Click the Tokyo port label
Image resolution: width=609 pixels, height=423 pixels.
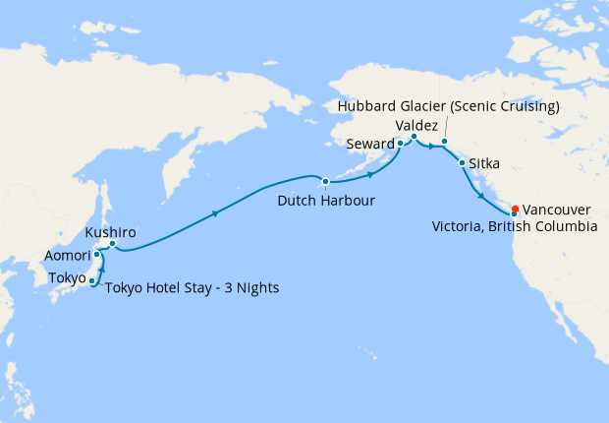pyautogui.click(x=67, y=277)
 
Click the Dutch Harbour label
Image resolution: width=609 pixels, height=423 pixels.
pyautogui.click(x=326, y=201)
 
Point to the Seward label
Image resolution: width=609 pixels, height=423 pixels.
pyautogui.click(x=369, y=144)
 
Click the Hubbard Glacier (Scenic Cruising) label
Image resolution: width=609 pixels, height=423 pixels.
pyautogui.click(x=448, y=106)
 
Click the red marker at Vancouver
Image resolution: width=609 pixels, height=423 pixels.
pyautogui.click(x=516, y=209)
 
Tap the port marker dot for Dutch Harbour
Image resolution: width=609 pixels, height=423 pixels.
pyautogui.click(x=325, y=181)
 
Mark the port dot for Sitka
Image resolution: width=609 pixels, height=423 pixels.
pyautogui.click(x=462, y=162)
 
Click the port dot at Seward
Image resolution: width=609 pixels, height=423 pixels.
pyautogui.click(x=400, y=144)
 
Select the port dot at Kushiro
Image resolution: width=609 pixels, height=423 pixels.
pyautogui.click(x=112, y=243)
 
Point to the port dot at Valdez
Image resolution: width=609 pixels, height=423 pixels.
pyautogui.click(x=414, y=137)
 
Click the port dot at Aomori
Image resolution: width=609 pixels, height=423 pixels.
pyautogui.click(x=97, y=255)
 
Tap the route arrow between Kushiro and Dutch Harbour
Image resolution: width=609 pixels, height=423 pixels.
pyautogui.click(x=215, y=211)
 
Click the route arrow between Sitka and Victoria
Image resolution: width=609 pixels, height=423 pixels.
pyautogui.click(x=481, y=196)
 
